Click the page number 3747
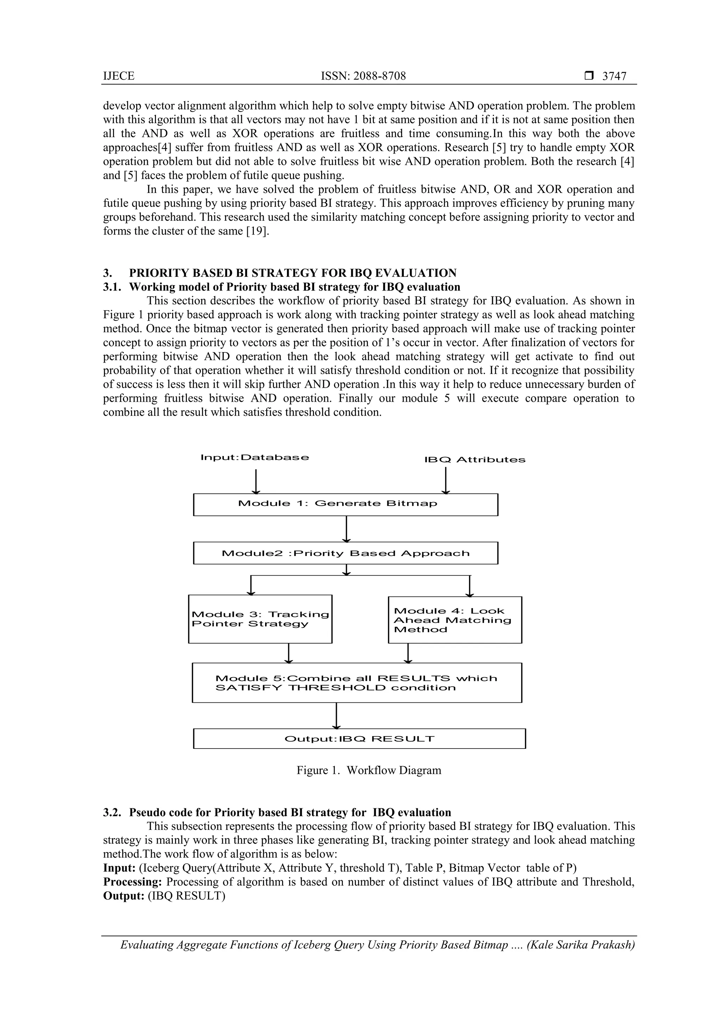coord(614,76)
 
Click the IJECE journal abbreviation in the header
coord(119,76)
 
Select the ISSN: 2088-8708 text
coord(363,76)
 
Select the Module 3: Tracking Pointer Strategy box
coord(260,619)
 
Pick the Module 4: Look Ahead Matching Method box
coord(454,620)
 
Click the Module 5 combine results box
coord(356,683)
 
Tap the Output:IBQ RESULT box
coord(359,739)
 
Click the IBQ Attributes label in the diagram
coord(475,460)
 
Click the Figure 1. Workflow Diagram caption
coord(369,770)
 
